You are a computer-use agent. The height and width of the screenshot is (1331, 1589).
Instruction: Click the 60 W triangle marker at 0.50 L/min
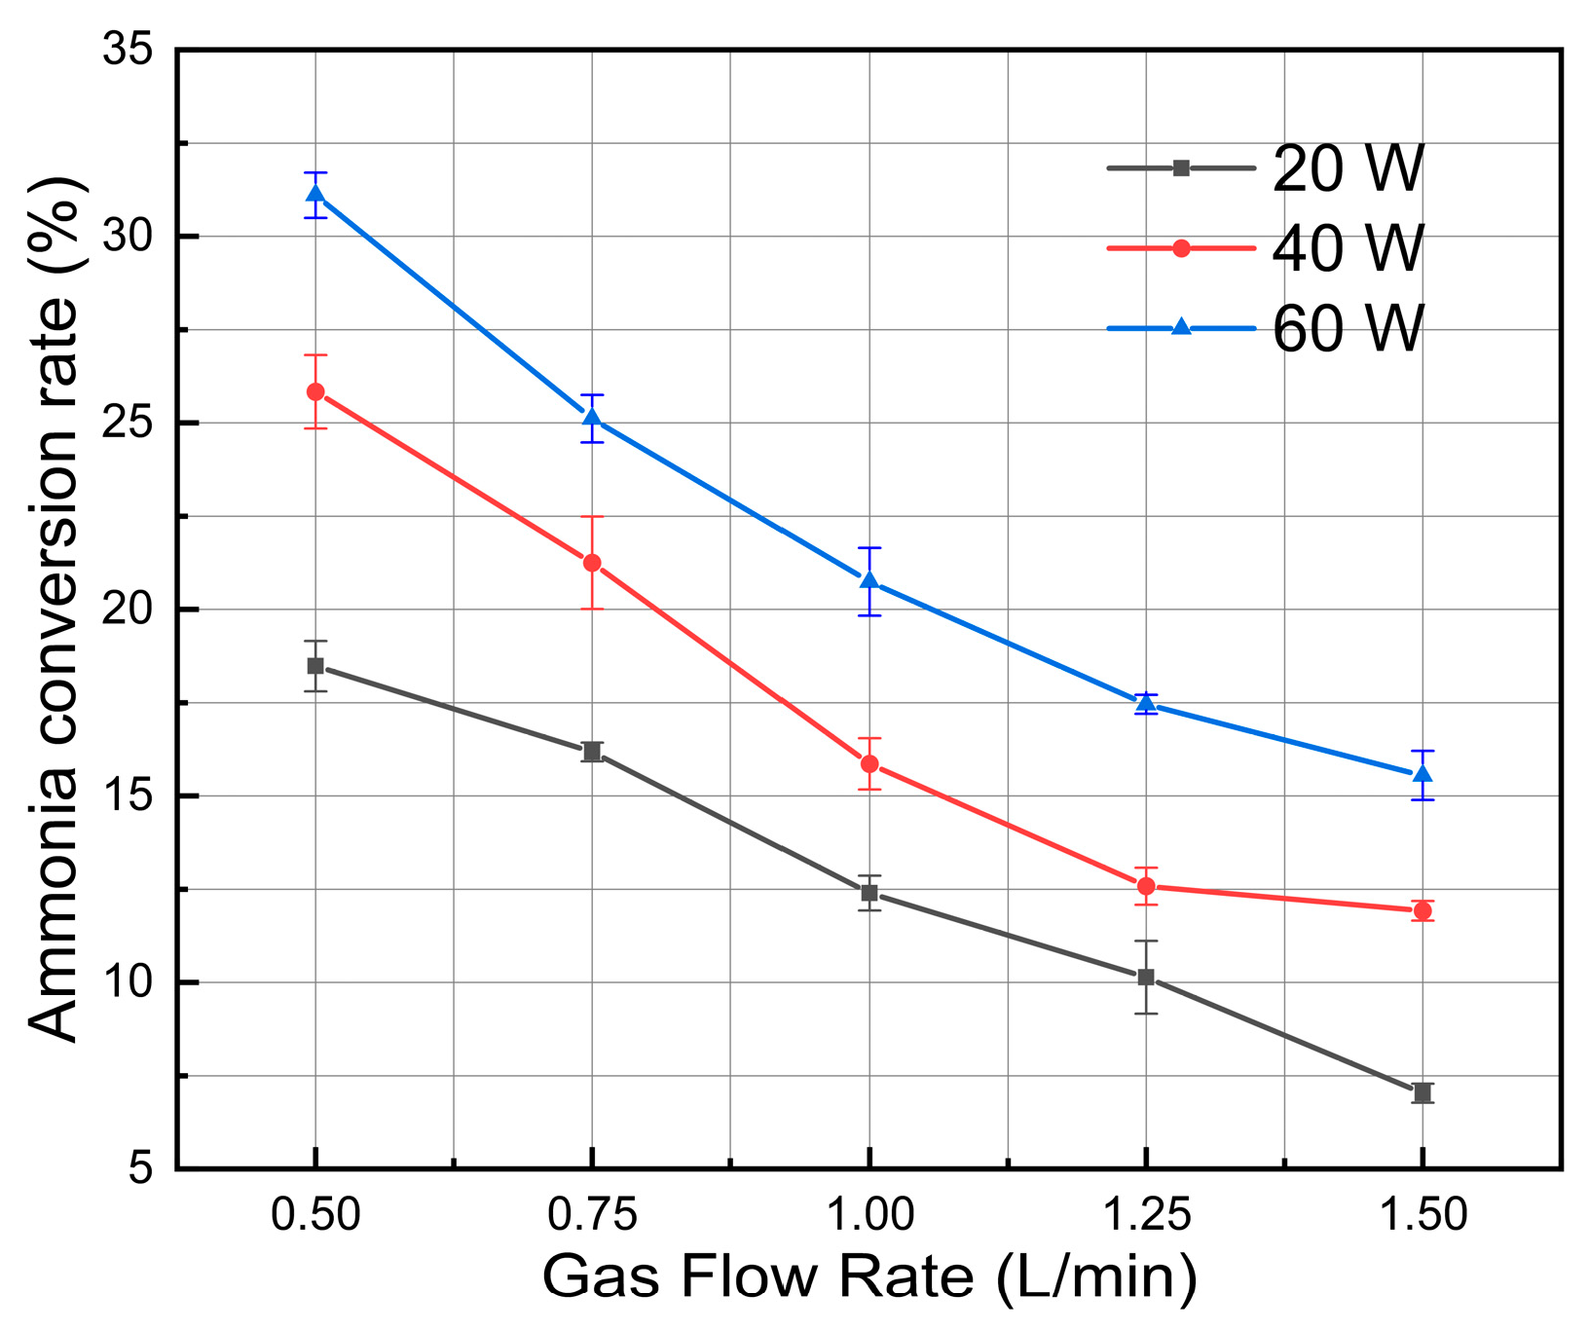click(315, 194)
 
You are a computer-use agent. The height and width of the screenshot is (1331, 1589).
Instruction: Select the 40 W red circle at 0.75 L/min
click(592, 563)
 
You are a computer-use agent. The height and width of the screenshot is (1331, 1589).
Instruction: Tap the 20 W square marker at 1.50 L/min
click(1423, 1092)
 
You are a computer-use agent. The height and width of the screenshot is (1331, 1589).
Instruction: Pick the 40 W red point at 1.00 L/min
click(869, 764)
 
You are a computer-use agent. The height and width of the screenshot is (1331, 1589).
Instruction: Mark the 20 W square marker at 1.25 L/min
click(1146, 977)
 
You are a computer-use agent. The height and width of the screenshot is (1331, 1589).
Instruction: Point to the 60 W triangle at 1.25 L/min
click(1146, 704)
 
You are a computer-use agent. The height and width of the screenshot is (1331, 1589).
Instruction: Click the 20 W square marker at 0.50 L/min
click(315, 666)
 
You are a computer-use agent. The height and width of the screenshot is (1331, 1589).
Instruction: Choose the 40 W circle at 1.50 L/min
click(1423, 910)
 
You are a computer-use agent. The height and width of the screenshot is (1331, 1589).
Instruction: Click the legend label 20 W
click(1348, 168)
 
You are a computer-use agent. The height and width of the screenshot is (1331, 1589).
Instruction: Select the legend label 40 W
click(1348, 248)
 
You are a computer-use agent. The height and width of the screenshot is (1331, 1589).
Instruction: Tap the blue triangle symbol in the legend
click(1181, 328)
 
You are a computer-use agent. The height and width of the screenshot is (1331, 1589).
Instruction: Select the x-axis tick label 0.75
click(592, 1216)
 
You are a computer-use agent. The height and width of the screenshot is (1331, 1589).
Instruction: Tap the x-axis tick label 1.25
click(1146, 1216)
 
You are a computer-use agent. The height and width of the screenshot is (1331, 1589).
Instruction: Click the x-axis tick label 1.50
click(1423, 1216)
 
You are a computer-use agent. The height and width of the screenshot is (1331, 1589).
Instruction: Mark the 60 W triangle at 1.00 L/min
click(869, 581)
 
